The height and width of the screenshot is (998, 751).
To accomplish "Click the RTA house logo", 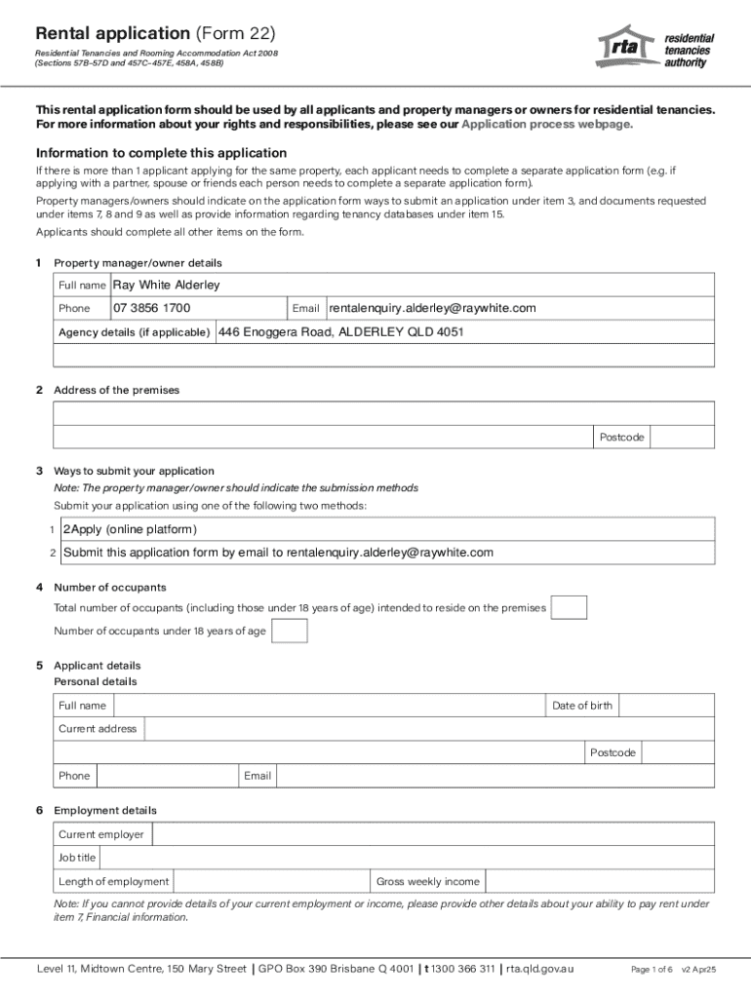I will tap(626, 46).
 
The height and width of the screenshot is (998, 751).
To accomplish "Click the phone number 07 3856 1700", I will tap(151, 308).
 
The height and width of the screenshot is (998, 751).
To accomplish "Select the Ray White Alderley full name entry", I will tap(167, 285).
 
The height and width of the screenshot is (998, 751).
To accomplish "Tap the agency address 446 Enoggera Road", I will tap(340, 331).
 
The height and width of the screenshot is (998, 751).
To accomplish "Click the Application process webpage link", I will tap(546, 125).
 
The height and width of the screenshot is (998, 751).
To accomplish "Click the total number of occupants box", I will tap(569, 608).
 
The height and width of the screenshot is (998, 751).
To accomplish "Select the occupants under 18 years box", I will tap(289, 632).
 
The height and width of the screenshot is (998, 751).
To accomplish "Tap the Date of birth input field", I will tap(666, 706).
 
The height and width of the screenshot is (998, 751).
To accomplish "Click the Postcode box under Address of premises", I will tap(682, 438).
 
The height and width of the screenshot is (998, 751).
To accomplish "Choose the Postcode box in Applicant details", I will tap(678, 752).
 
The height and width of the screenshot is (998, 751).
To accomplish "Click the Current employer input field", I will tap(433, 834).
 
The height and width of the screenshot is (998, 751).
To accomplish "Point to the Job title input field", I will tap(407, 858).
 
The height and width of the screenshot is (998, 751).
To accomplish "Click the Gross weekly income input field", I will tap(599, 881).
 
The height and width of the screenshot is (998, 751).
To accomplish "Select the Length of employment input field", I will tap(270, 881).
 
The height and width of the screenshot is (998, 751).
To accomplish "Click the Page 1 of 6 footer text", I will tap(652, 970).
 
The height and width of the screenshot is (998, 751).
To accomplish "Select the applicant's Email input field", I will tap(494, 776).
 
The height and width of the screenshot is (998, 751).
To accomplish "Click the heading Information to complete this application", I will tap(161, 153).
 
